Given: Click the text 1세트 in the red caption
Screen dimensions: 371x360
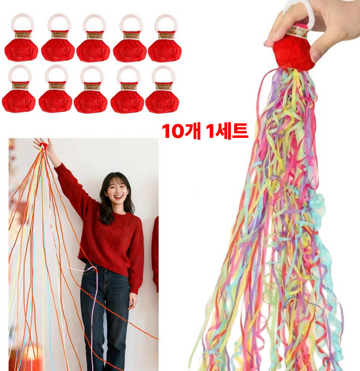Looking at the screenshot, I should point(226,131).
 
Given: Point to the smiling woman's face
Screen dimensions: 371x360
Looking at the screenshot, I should point(116,192).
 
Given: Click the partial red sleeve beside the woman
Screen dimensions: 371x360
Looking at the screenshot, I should point(155,254).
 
